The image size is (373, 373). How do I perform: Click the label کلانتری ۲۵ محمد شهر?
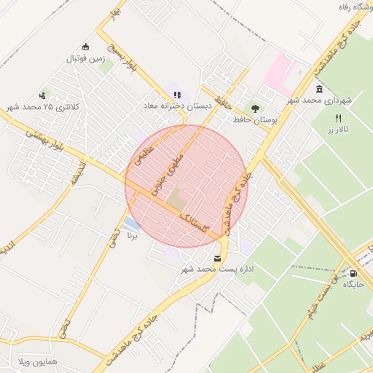[45, 108]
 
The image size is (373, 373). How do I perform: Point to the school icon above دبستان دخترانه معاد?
[176, 94]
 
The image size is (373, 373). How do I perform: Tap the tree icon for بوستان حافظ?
[254, 106]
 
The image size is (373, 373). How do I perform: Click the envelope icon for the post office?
[217, 259]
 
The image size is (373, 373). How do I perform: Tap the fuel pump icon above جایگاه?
[353, 272]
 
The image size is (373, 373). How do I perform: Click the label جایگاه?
[353, 284]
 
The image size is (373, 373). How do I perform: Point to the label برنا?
[132, 236]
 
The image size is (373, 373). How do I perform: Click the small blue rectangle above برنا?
[132, 223]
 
